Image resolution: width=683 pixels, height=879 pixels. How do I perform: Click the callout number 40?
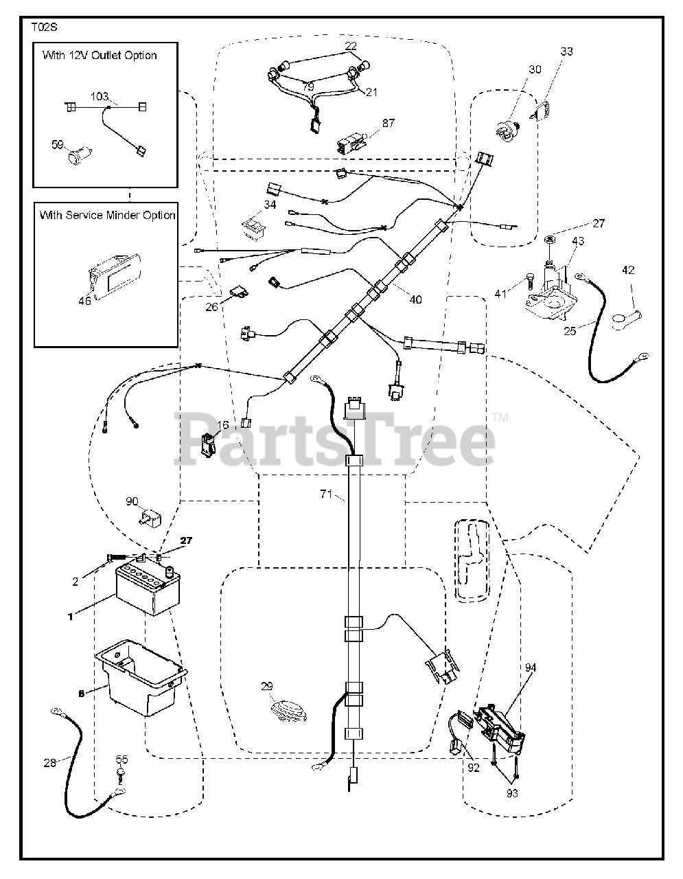click(415, 299)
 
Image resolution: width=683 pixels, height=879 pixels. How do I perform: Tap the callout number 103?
click(100, 97)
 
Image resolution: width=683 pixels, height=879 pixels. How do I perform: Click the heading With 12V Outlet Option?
click(100, 56)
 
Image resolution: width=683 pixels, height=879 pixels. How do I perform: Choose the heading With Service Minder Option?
click(106, 215)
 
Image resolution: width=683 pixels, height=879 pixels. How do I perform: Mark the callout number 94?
click(531, 667)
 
